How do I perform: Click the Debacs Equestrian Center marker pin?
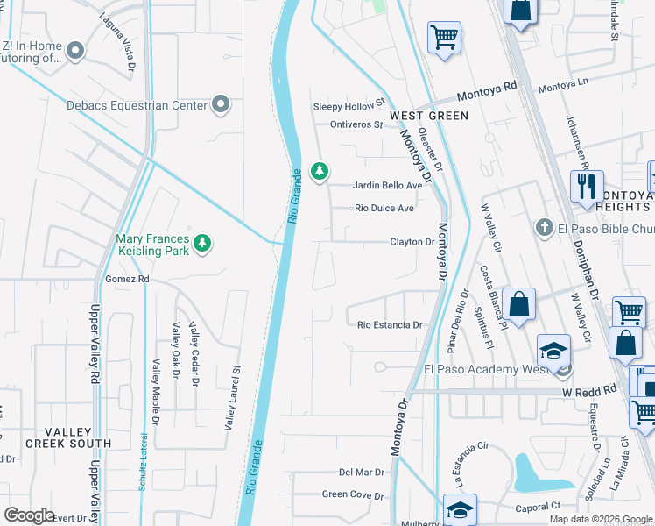coord(222,105)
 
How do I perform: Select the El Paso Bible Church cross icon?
coord(544,228)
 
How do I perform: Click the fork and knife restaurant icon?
coord(585,186)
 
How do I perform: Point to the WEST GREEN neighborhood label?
coord(429,116)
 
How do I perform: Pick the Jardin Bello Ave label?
coord(387,186)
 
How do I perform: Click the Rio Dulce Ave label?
coord(384,209)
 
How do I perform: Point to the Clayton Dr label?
coord(412,242)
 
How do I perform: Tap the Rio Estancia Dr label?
coord(390,325)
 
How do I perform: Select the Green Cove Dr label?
coord(353,495)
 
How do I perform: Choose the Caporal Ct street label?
coord(538,507)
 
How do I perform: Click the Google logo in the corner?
coord(29,515)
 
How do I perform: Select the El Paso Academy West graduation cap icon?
coord(553,351)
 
